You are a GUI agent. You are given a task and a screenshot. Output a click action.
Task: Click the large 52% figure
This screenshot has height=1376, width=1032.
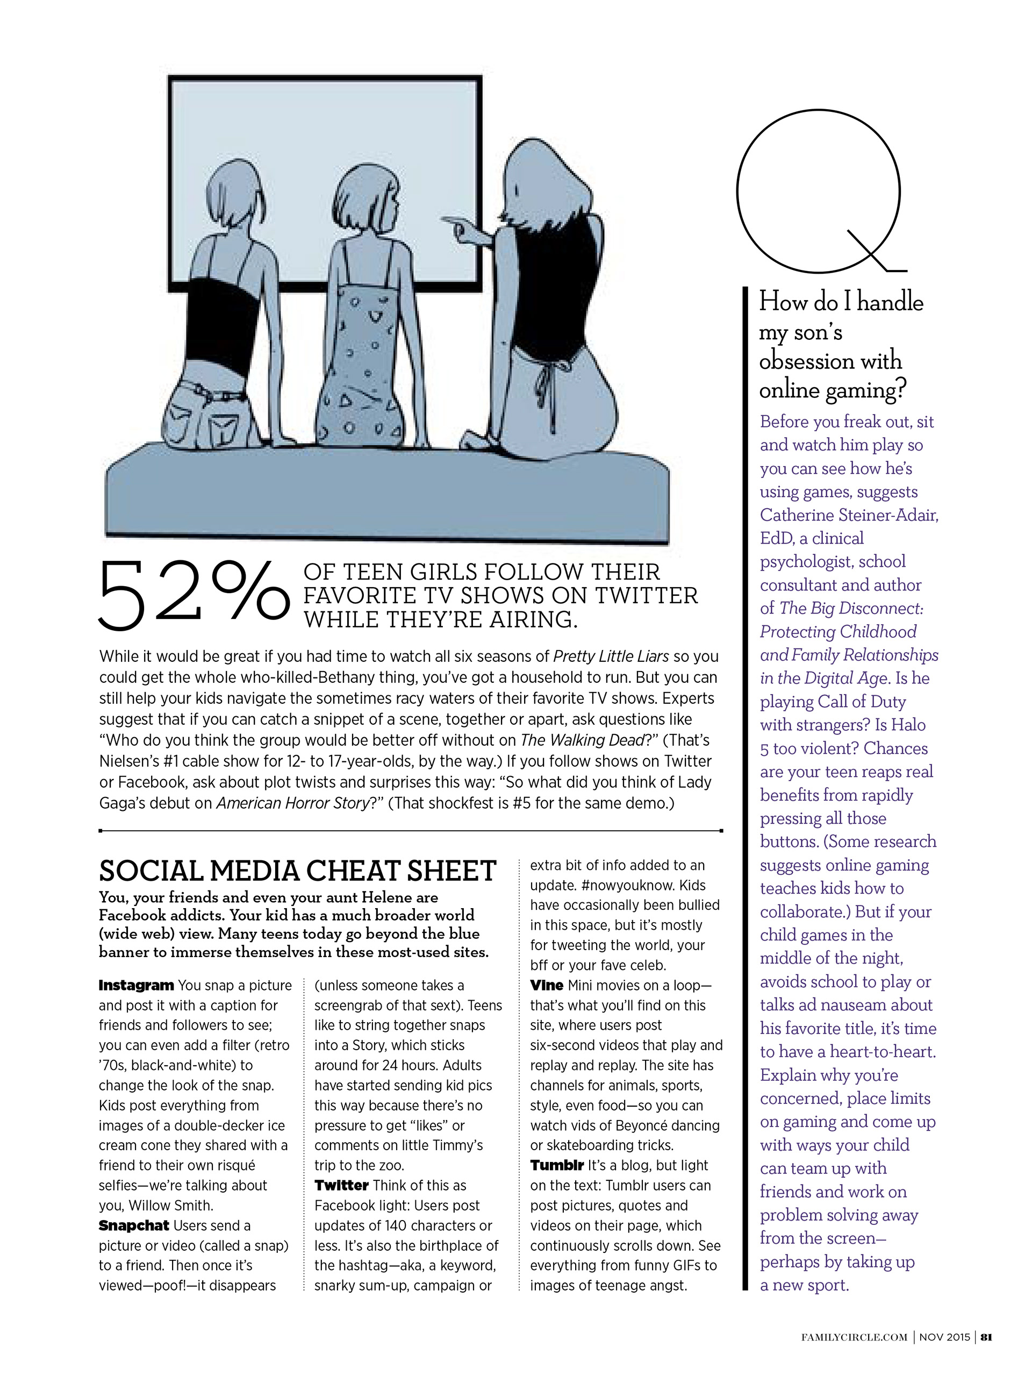[x=193, y=594]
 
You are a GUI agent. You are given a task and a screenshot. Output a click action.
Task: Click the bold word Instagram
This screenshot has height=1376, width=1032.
[x=136, y=985]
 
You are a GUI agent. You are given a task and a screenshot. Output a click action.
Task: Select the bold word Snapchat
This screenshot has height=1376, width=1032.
[x=134, y=1225]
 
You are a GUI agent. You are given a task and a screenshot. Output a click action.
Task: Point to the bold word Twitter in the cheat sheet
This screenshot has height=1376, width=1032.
[x=341, y=1186]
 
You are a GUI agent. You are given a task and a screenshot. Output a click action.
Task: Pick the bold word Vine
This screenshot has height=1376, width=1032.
[x=547, y=985]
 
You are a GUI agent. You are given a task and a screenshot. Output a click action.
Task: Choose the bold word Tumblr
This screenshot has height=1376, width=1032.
[x=556, y=1165]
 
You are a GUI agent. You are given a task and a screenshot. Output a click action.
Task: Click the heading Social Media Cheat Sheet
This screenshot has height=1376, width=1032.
[x=297, y=871]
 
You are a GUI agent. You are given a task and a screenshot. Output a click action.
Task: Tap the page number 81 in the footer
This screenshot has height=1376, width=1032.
[x=987, y=1354]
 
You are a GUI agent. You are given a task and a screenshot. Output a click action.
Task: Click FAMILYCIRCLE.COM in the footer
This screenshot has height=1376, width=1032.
[x=854, y=1355]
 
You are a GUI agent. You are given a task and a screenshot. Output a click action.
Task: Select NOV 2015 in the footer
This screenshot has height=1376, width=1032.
[x=944, y=1355]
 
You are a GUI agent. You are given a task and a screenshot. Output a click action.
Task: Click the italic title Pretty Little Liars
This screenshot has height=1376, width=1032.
[x=611, y=656]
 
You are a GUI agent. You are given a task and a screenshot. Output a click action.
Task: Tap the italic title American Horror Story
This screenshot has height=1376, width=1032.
[x=292, y=803]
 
